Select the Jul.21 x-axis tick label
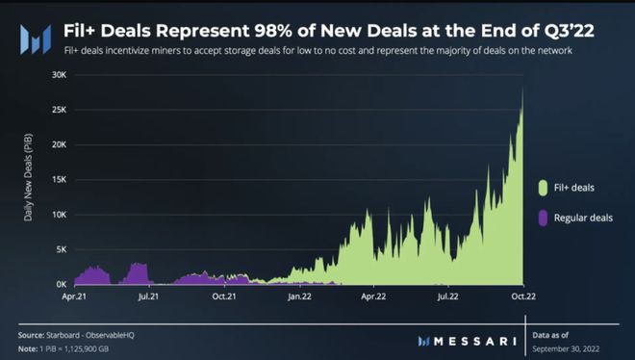(149, 298)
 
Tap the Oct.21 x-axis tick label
(224, 298)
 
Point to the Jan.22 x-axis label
(298, 298)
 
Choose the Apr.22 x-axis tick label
(373, 298)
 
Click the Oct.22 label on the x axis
(521, 298)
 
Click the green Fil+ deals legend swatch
(544, 186)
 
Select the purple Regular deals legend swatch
(544, 218)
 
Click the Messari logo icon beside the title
(37, 39)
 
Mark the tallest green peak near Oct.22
(522, 89)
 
